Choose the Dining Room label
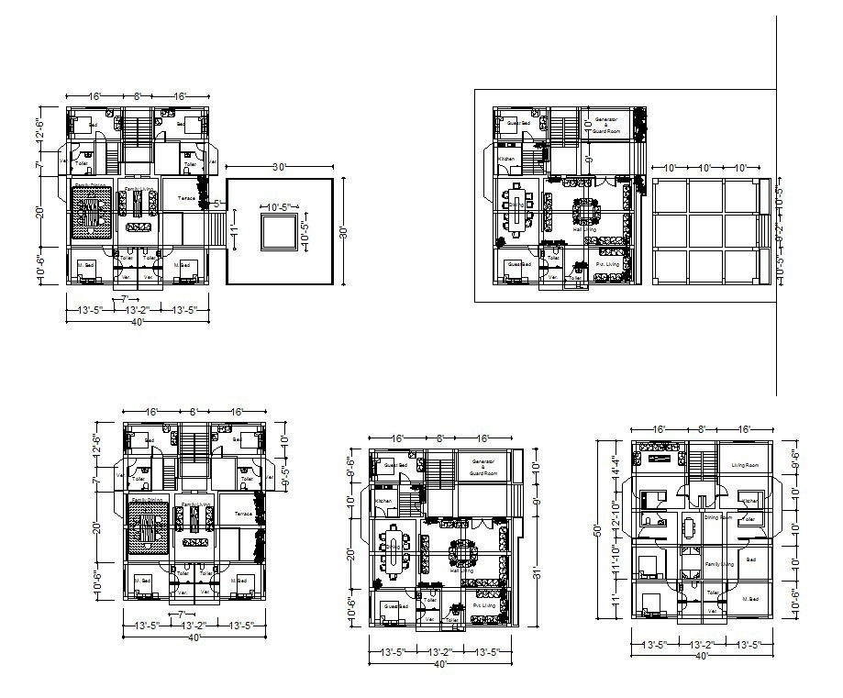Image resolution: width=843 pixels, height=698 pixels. pyautogui.click(x=717, y=517)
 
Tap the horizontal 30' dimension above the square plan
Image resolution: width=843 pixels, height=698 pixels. pyautogui.click(x=279, y=167)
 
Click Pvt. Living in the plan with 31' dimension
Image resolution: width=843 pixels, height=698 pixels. pyautogui.click(x=485, y=605)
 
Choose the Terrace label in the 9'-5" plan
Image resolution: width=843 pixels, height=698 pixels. pyautogui.click(x=243, y=515)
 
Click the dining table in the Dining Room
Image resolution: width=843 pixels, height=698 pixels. pyautogui.click(x=689, y=529)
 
